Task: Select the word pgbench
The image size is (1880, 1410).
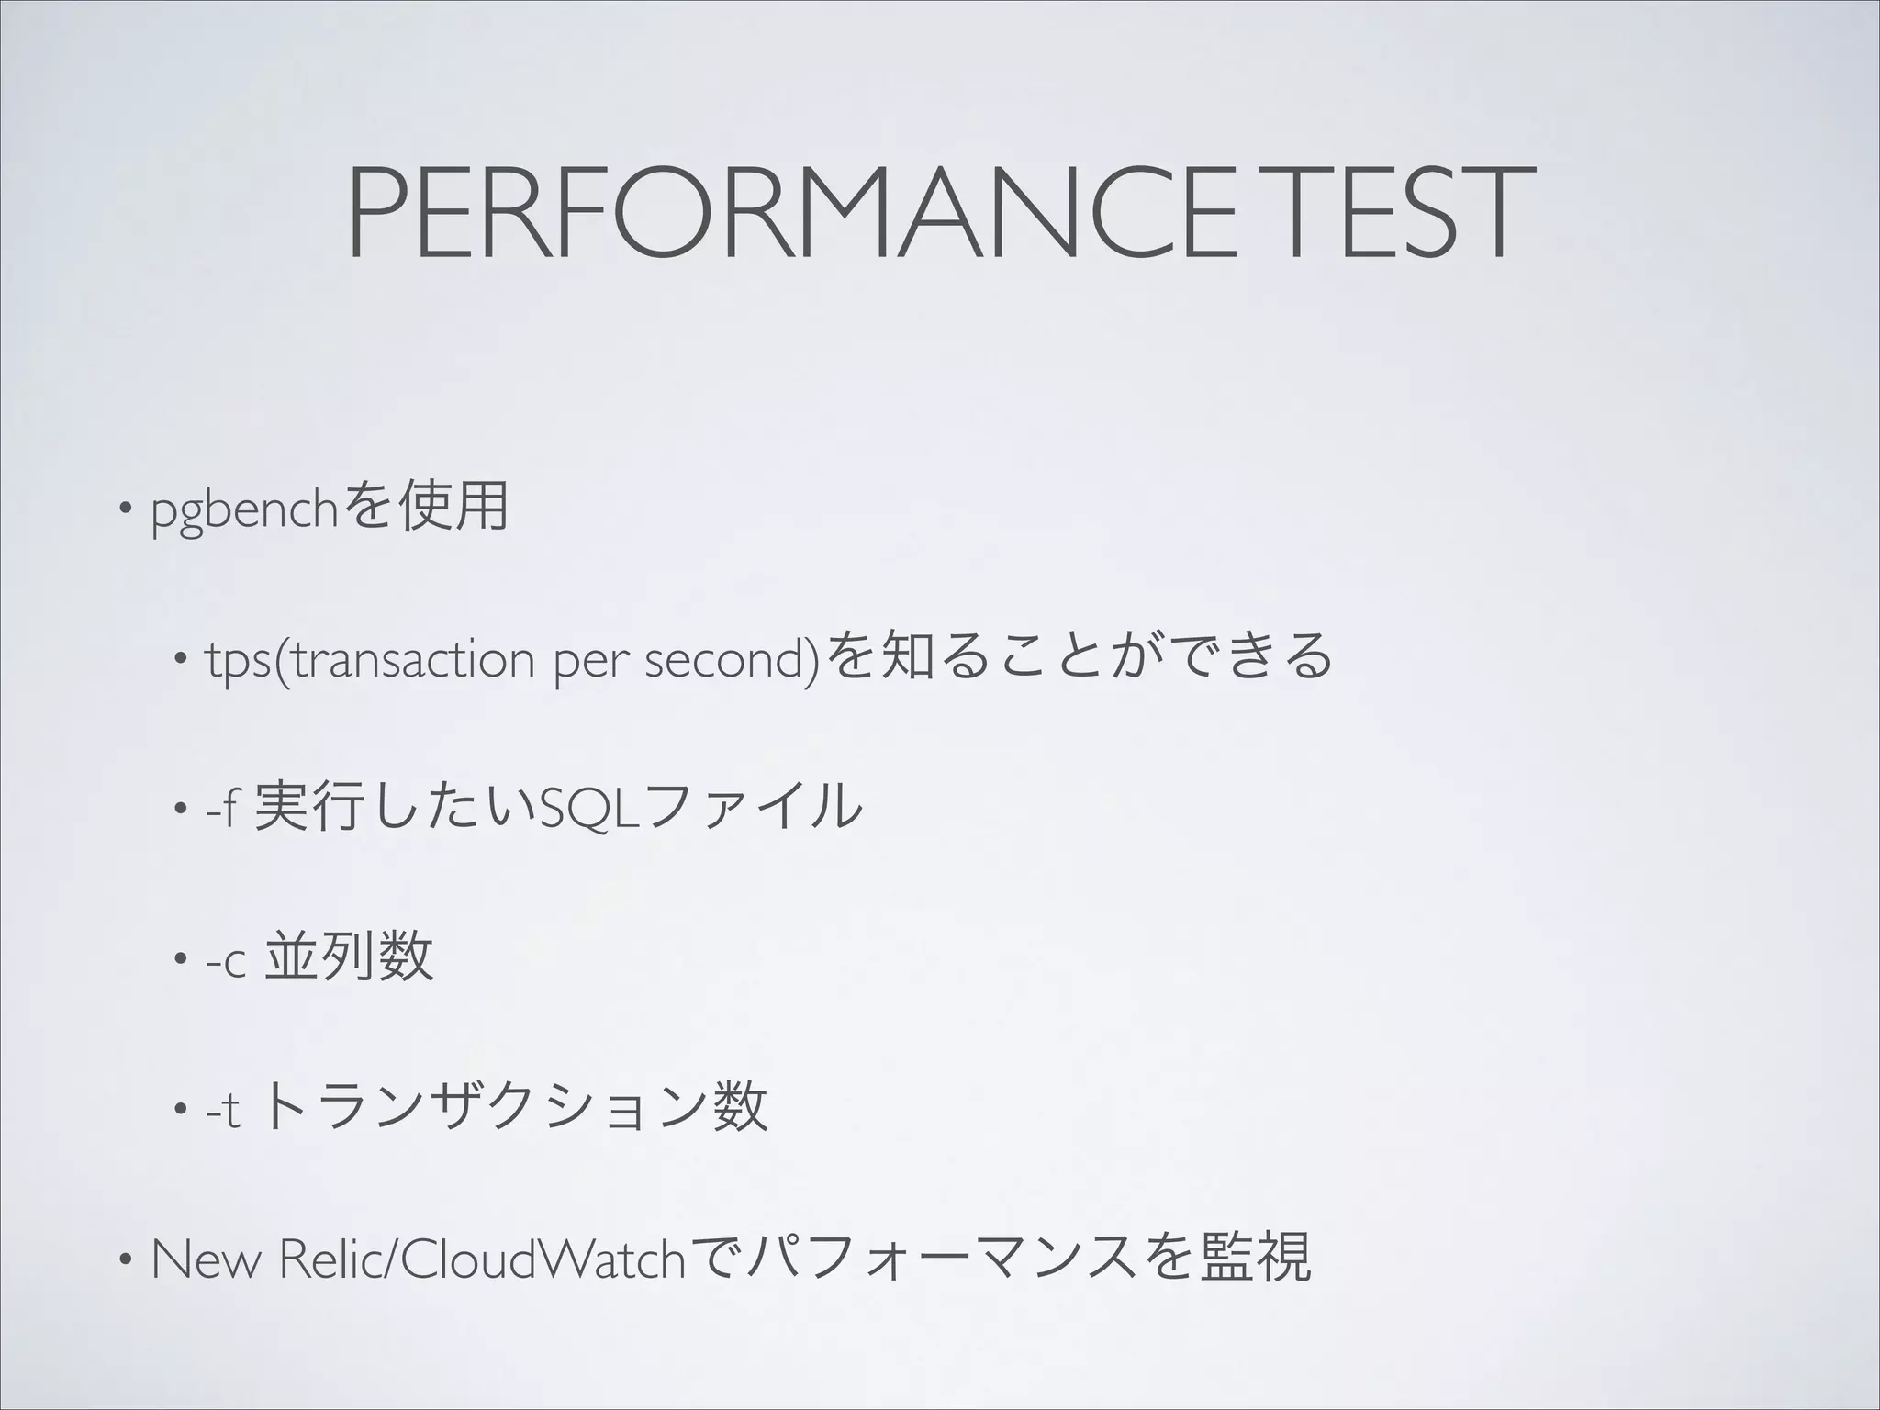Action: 245,510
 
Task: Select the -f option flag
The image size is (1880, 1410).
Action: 221,808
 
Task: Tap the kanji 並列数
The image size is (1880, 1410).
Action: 349,957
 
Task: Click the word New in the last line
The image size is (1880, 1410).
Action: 207,1259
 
